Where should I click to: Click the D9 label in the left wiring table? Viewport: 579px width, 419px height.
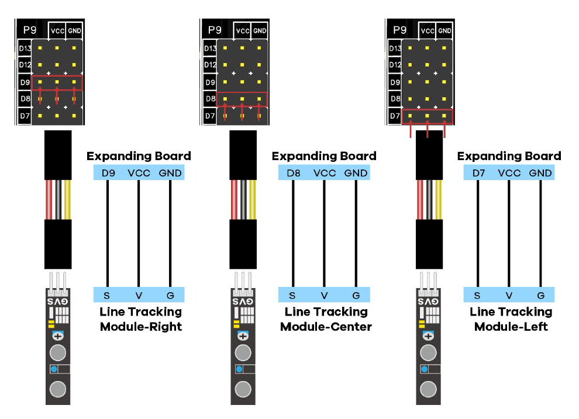tap(108, 173)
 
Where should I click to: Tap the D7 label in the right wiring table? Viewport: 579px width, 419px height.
tap(478, 173)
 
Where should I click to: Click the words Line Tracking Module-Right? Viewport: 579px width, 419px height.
tap(140, 319)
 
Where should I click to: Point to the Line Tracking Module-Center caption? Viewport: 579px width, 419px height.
tap(326, 319)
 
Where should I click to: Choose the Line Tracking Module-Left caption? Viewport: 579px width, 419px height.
tap(511, 319)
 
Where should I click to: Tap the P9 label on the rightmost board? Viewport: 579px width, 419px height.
tap(400, 29)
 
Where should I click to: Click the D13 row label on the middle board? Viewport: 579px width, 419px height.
tap(210, 49)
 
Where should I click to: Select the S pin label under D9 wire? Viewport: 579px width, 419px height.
tap(108, 295)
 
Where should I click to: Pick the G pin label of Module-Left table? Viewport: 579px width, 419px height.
tap(540, 295)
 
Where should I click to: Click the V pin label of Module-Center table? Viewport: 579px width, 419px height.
tap(324, 295)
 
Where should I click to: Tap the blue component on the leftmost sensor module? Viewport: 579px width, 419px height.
tap(53, 369)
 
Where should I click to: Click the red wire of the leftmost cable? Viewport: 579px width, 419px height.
tap(49, 199)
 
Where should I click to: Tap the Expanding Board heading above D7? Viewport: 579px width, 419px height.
tap(509, 156)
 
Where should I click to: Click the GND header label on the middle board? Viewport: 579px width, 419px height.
tap(260, 30)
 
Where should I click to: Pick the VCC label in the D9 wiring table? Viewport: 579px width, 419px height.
tap(139, 173)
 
